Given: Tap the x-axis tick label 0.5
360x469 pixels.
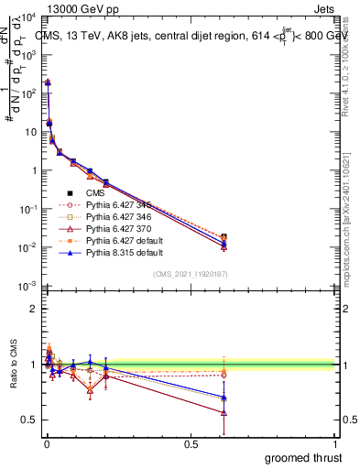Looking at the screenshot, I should click(x=191, y=443).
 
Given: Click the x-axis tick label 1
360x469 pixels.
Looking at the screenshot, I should click(x=336, y=443).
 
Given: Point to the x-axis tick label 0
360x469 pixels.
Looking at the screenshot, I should click(x=47, y=443).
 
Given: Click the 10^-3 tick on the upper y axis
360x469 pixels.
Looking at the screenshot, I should click(x=27, y=287).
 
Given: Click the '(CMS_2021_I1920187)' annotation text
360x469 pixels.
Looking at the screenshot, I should click(x=191, y=275).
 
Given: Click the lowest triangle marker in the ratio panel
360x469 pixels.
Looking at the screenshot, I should click(x=224, y=413).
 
